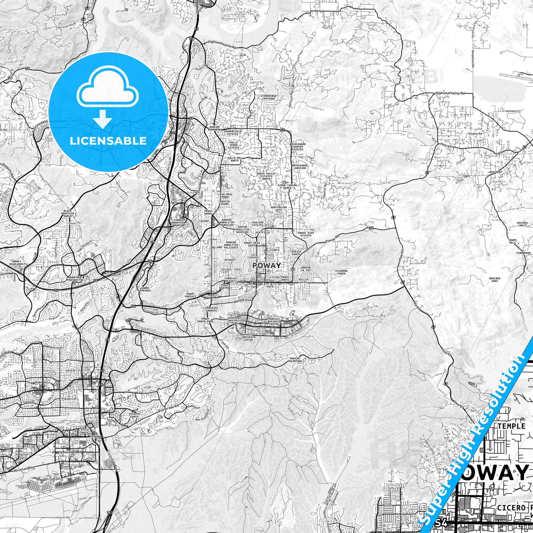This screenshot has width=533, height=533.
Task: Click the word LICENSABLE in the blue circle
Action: [108, 141]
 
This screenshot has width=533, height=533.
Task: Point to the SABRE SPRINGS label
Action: [145, 289]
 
